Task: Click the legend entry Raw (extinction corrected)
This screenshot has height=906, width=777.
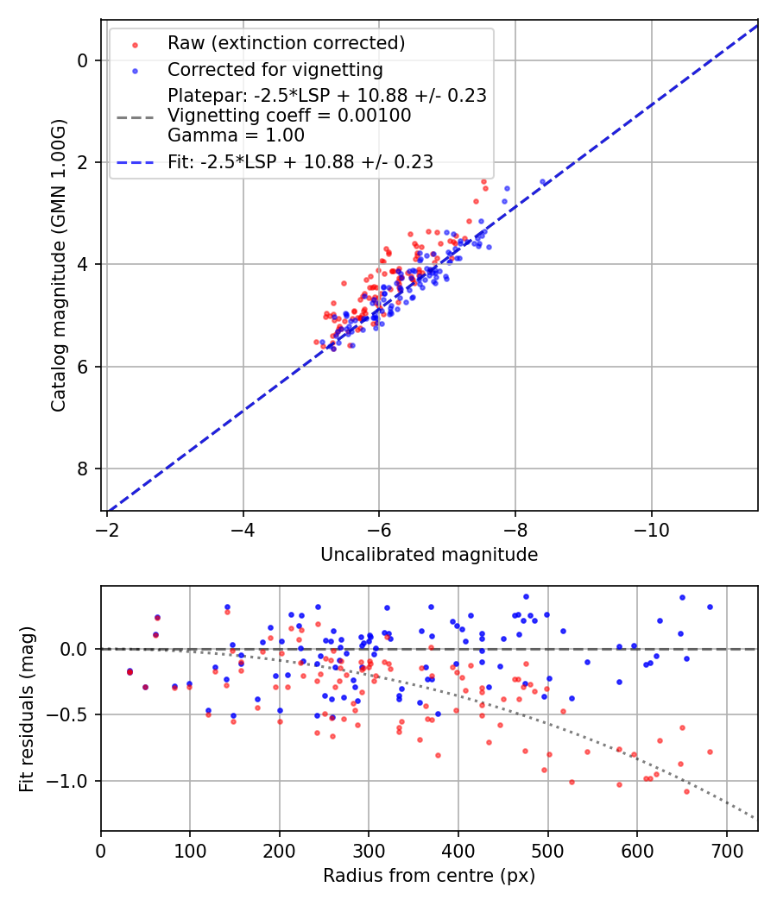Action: click(x=286, y=43)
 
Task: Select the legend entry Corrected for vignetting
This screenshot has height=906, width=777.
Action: click(x=275, y=69)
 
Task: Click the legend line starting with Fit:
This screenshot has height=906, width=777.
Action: click(x=300, y=161)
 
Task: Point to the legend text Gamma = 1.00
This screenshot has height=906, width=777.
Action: click(x=236, y=135)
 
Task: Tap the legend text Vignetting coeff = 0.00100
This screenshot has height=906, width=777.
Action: click(x=289, y=116)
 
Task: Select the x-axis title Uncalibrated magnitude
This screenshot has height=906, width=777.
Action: click(x=429, y=555)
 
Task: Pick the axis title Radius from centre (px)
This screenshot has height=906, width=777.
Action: click(x=429, y=876)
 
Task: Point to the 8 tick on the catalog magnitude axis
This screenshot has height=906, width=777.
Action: click(x=83, y=469)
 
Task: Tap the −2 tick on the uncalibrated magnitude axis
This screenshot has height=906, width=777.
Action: click(x=107, y=528)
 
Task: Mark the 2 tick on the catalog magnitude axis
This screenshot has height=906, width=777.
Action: click(x=83, y=162)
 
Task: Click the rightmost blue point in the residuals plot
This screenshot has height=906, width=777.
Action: click(x=710, y=607)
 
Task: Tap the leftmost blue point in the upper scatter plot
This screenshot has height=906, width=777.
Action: click(x=323, y=343)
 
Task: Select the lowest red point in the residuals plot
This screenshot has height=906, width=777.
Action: click(x=687, y=791)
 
